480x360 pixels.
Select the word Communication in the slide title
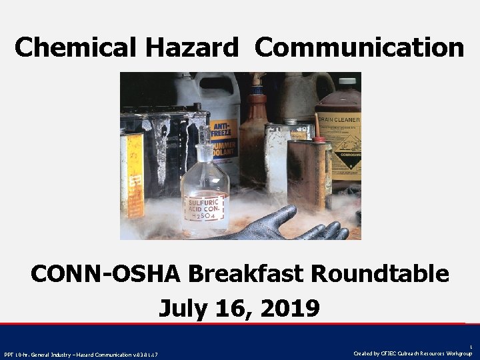coord(359,47)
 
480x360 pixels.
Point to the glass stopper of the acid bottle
coord(204,133)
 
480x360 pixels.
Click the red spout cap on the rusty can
coord(319,138)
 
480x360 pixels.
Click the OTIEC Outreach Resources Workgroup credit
coord(413,353)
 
